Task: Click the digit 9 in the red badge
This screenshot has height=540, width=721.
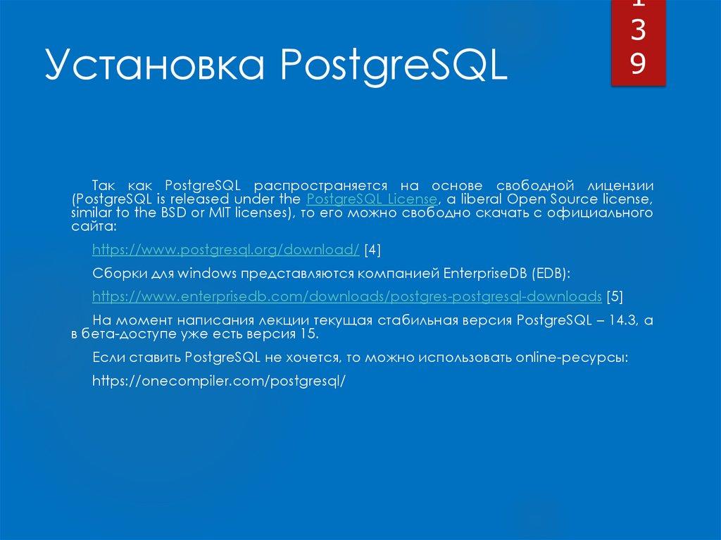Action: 638,64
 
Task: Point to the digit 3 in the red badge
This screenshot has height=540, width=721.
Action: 638,34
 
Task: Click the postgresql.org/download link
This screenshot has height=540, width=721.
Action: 226,250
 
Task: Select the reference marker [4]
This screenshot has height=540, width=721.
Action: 372,250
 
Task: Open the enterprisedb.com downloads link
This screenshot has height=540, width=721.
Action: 347,295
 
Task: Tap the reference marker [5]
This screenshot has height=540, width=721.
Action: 615,295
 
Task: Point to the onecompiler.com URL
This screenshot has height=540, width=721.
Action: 220,380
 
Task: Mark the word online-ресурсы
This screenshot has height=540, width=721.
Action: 572,358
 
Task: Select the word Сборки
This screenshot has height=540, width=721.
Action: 118,272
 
